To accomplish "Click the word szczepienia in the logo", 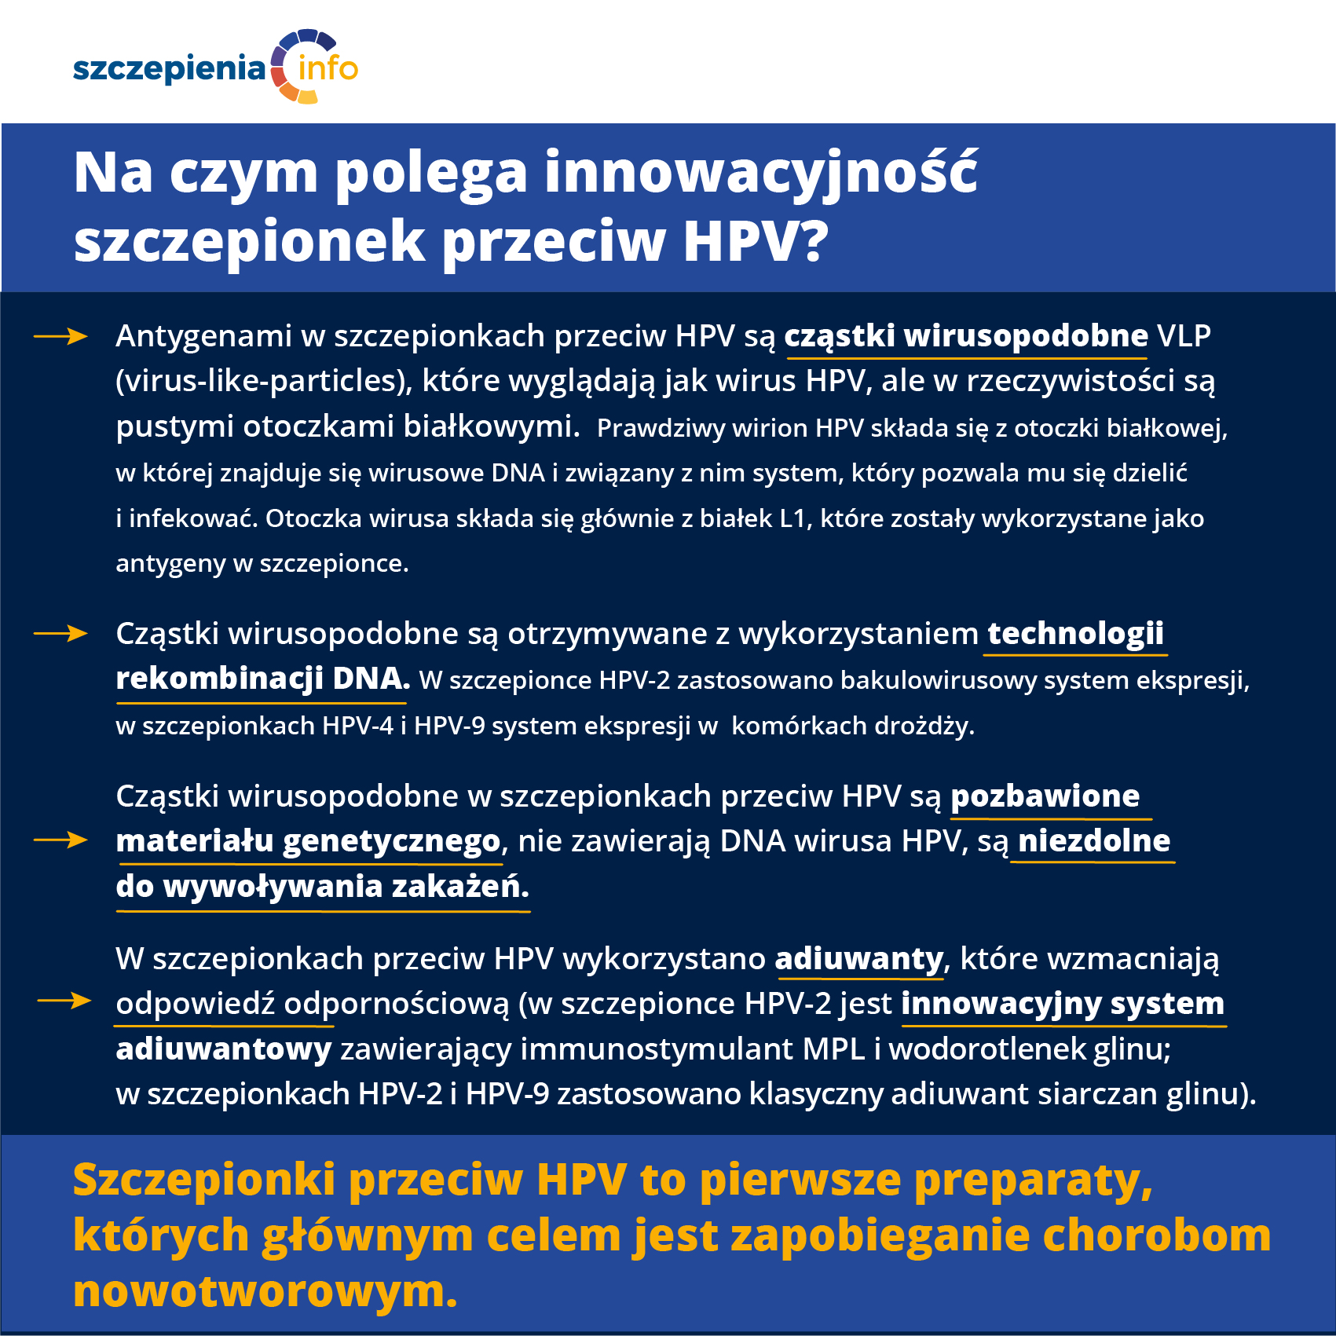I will (x=169, y=68).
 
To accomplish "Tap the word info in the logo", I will (x=328, y=68).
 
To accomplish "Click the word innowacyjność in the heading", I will (x=760, y=173).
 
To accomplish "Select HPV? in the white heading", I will (x=755, y=240).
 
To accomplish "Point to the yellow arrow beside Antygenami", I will (x=60, y=337).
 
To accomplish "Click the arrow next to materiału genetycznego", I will (x=60, y=840).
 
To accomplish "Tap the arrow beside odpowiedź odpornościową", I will (x=64, y=1001).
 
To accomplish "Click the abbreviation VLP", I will (x=1184, y=336).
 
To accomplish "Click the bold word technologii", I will (x=1075, y=633).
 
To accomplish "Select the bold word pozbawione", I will (x=1045, y=796).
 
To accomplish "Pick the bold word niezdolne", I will (x=1093, y=841).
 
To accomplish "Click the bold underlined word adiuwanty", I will (x=858, y=959).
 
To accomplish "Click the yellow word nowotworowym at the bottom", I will (x=265, y=1292).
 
